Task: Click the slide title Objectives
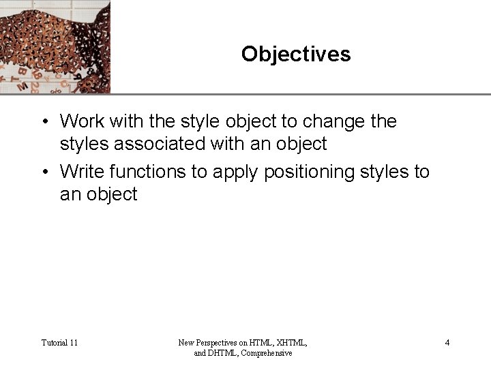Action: (x=295, y=54)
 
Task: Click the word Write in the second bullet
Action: (x=83, y=172)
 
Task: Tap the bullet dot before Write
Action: (x=43, y=172)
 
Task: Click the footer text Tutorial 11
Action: (x=59, y=342)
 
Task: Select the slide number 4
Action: (x=447, y=342)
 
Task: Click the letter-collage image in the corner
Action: (x=55, y=46)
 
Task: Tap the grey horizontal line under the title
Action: (x=300, y=94)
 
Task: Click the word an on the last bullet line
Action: (x=70, y=194)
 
